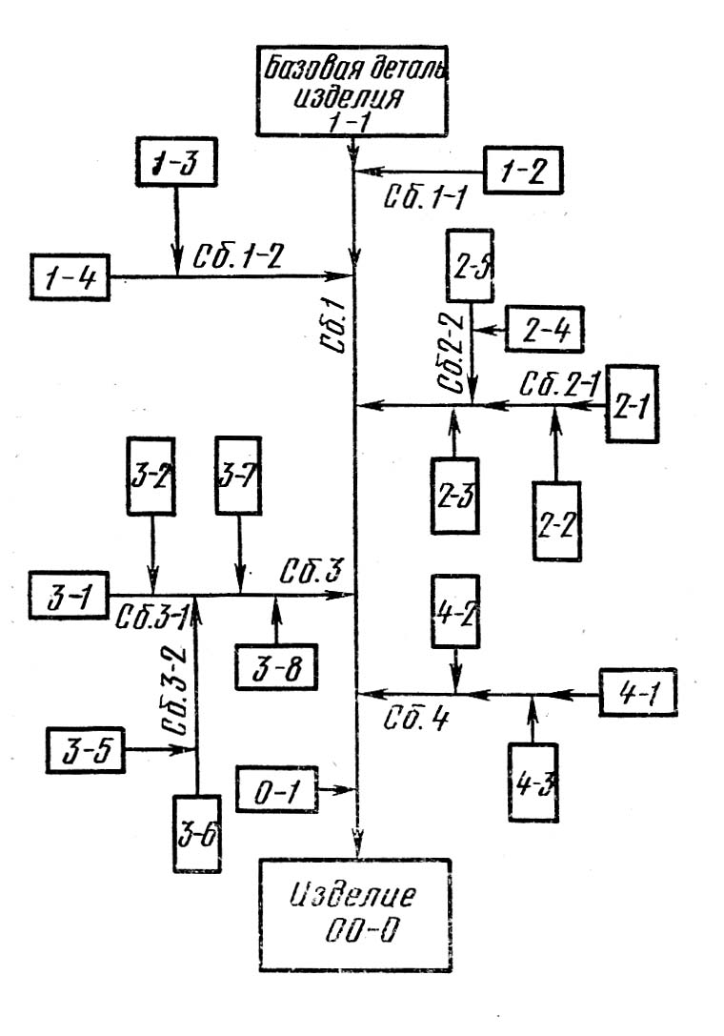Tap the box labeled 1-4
click(70, 277)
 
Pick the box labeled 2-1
click(633, 403)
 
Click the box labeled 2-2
click(555, 519)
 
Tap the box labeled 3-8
click(277, 667)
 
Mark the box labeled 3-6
click(196, 831)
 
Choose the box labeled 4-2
click(454, 612)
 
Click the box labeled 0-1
click(275, 789)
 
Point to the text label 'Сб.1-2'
click(238, 258)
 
